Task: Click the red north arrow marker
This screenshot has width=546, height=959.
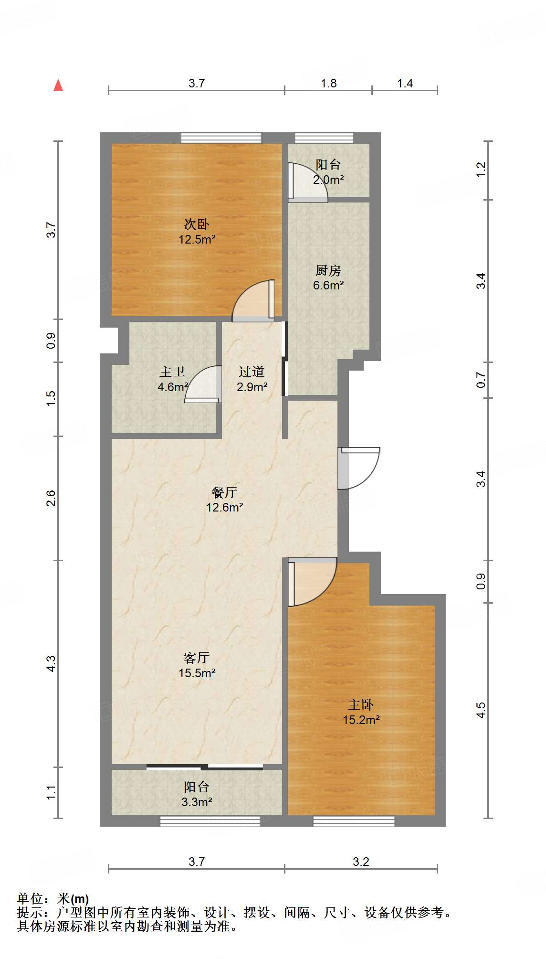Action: (x=58, y=85)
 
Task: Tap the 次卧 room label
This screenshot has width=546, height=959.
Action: (x=197, y=224)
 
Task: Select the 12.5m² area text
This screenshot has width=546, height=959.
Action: (x=197, y=239)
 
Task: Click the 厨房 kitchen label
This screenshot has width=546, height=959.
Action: (x=328, y=270)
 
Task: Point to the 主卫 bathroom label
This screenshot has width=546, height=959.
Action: (x=172, y=372)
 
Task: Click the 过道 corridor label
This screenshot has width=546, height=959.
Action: (x=252, y=372)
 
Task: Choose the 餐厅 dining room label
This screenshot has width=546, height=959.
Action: (x=224, y=492)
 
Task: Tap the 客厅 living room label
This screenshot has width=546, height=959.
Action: (x=197, y=658)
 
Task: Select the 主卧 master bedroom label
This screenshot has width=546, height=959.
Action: (x=361, y=704)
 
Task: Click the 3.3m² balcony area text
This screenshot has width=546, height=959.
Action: (x=197, y=802)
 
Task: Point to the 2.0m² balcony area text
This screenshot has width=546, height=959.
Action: (x=328, y=180)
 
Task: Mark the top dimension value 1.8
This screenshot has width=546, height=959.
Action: (x=328, y=84)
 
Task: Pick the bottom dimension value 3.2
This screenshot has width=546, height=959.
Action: (x=361, y=862)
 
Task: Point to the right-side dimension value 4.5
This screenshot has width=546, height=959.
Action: (x=481, y=710)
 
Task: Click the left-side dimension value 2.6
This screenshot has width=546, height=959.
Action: (x=51, y=498)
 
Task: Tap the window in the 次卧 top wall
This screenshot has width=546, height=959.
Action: (x=221, y=138)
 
